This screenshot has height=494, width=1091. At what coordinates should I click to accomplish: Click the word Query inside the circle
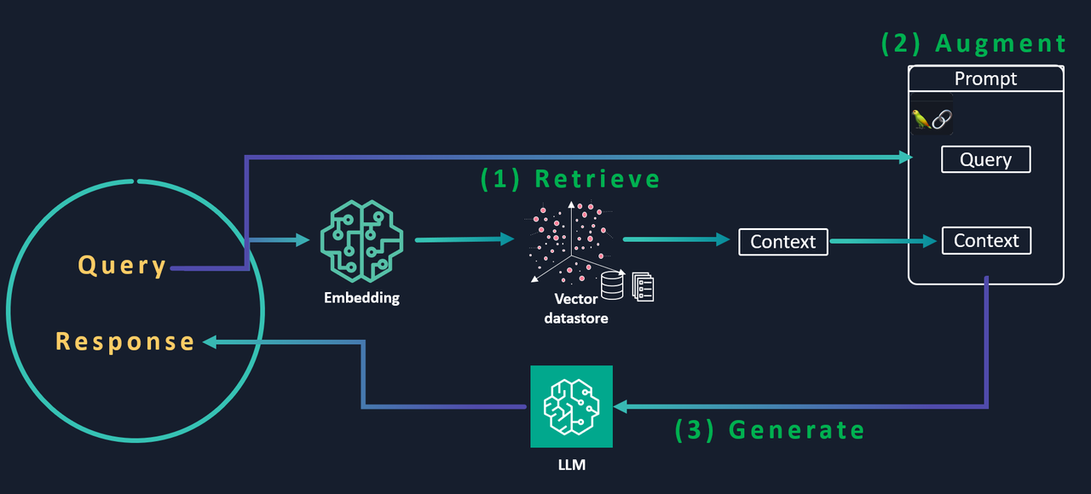(x=122, y=266)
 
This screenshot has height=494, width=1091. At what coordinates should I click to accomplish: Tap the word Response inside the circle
(x=125, y=342)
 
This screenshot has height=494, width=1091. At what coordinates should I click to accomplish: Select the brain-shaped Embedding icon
(x=361, y=241)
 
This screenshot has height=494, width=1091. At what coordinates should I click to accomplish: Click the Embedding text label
(x=361, y=298)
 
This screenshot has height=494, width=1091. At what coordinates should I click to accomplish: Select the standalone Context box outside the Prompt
(x=782, y=242)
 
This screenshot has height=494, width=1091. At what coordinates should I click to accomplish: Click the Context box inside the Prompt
(x=986, y=241)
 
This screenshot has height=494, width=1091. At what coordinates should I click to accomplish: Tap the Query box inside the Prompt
(x=985, y=159)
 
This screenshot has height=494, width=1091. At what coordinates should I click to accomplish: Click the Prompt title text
(x=985, y=79)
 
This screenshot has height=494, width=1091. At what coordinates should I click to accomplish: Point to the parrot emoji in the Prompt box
(x=921, y=119)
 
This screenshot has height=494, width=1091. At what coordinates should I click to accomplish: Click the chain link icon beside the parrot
(x=941, y=119)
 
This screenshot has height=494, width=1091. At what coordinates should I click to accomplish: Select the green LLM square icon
(x=571, y=406)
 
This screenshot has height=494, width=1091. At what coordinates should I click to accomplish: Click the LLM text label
(x=571, y=465)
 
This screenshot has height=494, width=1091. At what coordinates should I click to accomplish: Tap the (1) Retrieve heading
(x=570, y=179)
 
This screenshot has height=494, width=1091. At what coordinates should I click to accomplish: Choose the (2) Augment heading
(x=973, y=43)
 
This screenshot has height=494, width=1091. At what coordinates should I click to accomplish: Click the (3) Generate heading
(x=770, y=430)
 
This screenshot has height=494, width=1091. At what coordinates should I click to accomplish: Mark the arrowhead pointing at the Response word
(x=208, y=342)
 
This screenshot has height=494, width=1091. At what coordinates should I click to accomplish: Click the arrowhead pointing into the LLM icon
(x=621, y=407)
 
